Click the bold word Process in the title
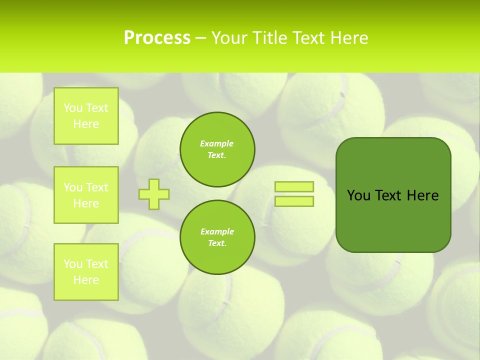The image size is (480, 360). click(x=157, y=38)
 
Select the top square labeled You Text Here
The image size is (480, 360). click(x=86, y=116)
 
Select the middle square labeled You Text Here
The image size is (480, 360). click(x=86, y=195)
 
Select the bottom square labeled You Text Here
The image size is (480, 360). click(x=86, y=272)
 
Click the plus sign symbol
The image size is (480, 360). click(x=154, y=194)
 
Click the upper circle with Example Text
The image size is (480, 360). click(x=217, y=149)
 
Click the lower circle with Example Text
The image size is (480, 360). click(x=217, y=237)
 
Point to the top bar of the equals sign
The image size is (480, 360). click(x=294, y=186)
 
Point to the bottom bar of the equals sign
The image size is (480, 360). click(x=294, y=201)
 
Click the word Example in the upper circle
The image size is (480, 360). click(x=216, y=143)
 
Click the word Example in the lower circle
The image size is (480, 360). click(x=217, y=231)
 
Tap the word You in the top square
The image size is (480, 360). click(x=73, y=108)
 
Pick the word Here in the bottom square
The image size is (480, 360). click(x=86, y=280)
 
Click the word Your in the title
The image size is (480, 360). click(x=229, y=38)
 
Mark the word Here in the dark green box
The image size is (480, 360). click(x=422, y=195)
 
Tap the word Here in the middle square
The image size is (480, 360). click(x=86, y=203)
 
